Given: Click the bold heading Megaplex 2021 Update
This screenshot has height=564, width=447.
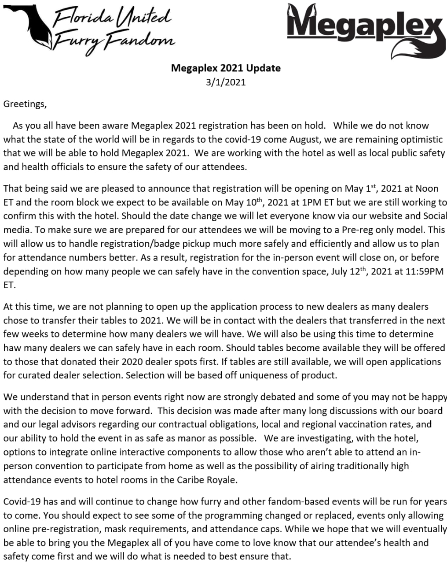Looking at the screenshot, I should tap(225, 68).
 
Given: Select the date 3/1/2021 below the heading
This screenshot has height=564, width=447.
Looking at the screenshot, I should tap(225, 82).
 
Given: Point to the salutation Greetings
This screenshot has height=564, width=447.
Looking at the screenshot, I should tap(25, 104).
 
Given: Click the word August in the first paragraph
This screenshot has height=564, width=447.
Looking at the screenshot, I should tap(306, 140).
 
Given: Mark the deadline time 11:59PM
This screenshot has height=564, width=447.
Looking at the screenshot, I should tap(424, 271).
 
